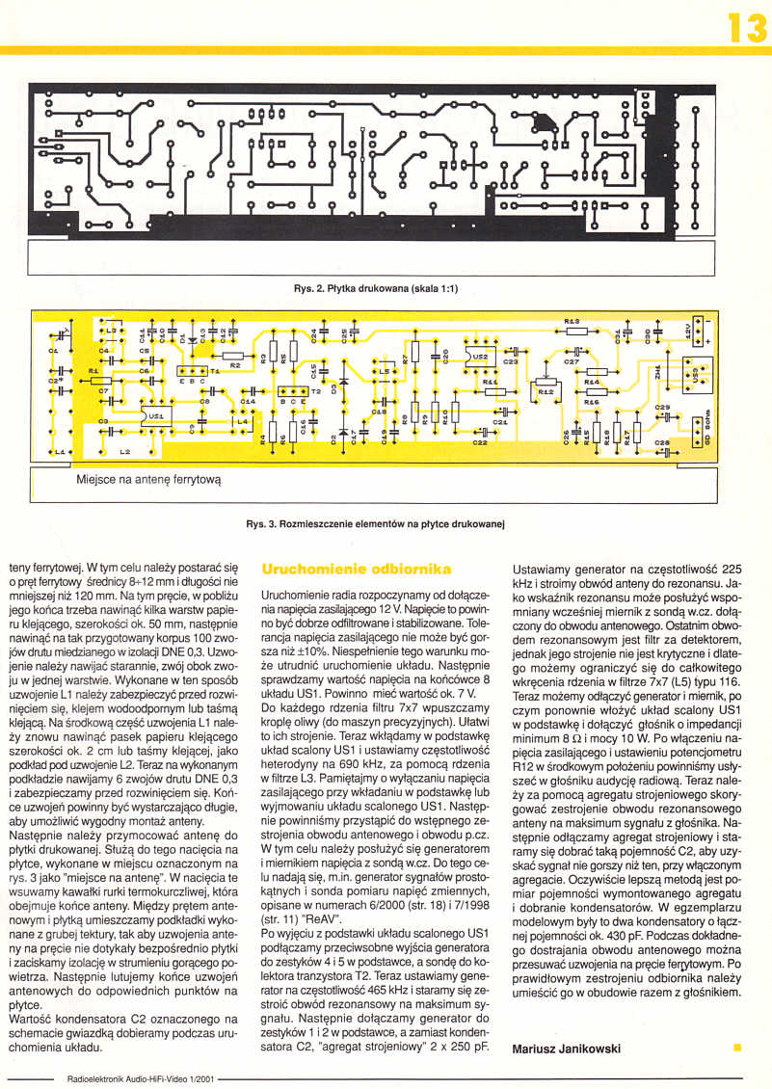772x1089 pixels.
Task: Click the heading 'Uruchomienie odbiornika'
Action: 350,571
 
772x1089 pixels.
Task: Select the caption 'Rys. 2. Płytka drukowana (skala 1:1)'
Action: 376,288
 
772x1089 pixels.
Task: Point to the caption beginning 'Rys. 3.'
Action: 376,524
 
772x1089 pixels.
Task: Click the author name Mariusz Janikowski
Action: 568,1049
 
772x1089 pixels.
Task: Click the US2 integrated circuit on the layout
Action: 480,358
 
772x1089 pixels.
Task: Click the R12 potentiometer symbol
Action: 546,391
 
